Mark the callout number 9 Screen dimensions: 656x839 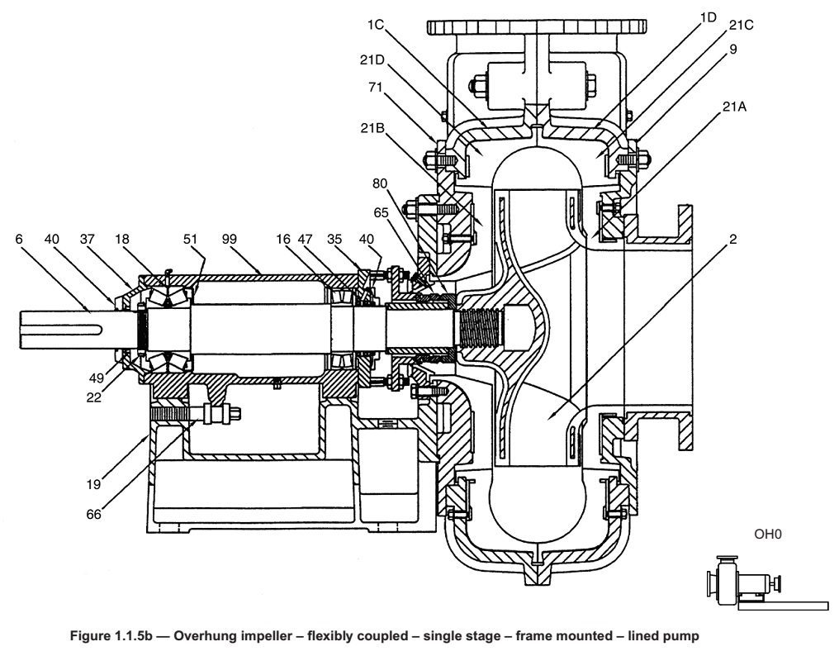tap(733, 50)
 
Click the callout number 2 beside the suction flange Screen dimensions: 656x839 tap(732, 239)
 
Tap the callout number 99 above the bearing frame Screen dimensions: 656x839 tap(230, 239)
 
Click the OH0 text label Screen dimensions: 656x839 tap(767, 535)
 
